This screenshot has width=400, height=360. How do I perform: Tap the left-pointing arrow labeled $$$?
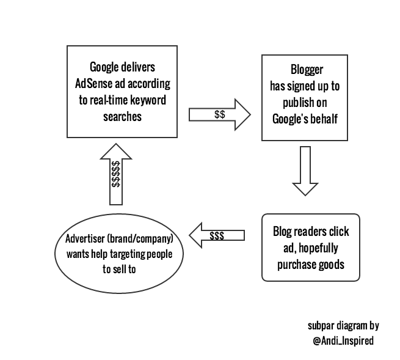point(217,235)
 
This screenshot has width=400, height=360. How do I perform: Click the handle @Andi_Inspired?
point(343,340)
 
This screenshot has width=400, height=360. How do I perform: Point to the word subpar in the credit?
point(322,325)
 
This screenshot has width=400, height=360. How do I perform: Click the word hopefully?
point(316,249)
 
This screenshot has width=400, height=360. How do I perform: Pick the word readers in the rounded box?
point(310,232)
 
